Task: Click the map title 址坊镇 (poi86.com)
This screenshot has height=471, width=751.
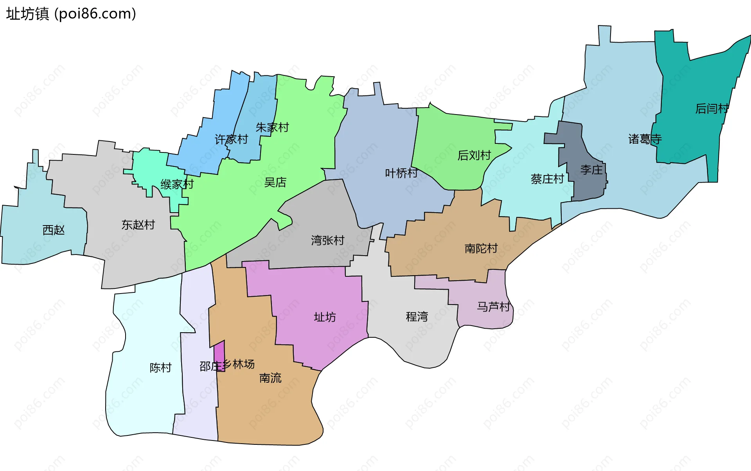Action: point(71,14)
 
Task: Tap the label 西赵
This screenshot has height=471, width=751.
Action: point(54,230)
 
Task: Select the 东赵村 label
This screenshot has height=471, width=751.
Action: point(138,225)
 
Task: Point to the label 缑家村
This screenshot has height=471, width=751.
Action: point(177,184)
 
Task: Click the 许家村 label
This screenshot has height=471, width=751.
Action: point(231,139)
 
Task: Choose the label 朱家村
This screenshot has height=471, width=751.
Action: point(272,127)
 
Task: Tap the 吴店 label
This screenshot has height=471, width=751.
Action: point(275,182)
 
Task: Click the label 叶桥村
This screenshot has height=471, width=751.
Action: point(401,173)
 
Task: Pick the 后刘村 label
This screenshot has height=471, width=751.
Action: point(474,155)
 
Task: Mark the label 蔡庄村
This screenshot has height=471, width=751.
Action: point(547,179)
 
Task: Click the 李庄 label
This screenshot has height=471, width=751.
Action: point(591,170)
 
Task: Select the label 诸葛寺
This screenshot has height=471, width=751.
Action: point(645,139)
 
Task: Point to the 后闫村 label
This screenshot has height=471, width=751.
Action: point(712,108)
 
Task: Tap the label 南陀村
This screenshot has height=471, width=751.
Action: point(481,248)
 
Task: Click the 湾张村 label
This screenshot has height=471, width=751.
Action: point(328,240)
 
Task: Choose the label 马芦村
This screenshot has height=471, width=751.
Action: point(494,306)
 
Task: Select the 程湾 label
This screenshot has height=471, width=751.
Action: point(417,316)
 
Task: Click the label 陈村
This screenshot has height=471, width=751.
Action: point(161,367)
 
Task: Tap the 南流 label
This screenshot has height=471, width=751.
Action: point(270,378)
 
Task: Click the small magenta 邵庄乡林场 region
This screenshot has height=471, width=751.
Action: point(220,354)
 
